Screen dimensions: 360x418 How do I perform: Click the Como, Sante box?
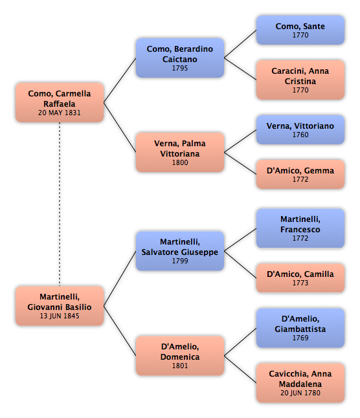300,30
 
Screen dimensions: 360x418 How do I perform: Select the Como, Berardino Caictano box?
180,58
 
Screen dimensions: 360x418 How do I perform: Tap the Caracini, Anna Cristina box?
300,80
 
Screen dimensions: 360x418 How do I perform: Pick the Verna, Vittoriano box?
300,129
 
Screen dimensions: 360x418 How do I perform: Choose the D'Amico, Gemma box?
300,174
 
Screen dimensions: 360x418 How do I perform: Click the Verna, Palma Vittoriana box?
180,152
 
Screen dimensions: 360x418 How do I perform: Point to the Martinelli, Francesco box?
300,228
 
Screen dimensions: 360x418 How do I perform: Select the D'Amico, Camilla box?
300,278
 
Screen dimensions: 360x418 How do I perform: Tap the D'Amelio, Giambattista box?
300,328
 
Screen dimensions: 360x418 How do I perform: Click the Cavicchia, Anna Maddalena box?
300,383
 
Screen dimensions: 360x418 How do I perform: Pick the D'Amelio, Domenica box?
180,356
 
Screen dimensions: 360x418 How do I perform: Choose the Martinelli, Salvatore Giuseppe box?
180,251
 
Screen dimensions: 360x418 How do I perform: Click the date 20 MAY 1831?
59,113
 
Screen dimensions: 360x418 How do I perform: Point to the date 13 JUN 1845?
60,316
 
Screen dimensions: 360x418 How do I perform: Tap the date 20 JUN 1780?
300,393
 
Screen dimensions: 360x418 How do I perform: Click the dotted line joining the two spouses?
60,204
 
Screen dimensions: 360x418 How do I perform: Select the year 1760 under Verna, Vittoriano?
300,135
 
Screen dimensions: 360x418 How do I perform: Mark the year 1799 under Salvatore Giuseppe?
180,261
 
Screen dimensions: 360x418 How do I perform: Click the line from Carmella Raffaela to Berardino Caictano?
120,80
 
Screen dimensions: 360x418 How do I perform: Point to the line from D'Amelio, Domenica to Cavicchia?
240,369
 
